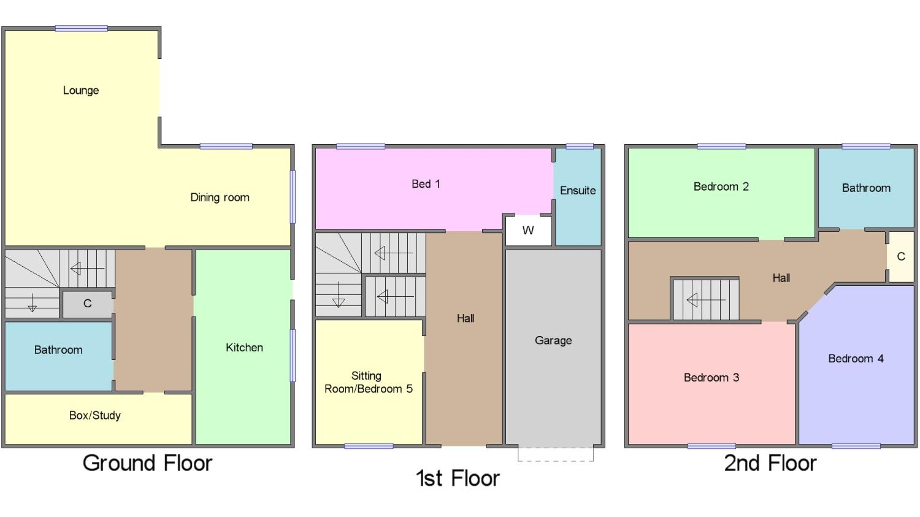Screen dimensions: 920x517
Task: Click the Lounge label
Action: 81,90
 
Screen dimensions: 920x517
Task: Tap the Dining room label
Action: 220,197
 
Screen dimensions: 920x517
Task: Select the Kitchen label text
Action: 244,347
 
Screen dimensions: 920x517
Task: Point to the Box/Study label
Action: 95,416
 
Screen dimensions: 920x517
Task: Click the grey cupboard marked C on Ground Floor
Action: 88,304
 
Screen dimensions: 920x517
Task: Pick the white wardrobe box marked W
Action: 528,231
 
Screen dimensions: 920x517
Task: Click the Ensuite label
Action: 578,191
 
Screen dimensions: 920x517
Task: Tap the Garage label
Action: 553,340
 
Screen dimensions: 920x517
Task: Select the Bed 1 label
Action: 426,184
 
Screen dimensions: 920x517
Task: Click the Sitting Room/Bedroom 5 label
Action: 369,382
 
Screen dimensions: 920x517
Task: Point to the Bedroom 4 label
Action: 856,359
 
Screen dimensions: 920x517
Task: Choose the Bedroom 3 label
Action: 711,377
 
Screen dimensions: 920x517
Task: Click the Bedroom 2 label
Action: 721,186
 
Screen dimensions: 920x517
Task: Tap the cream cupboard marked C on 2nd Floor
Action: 901,257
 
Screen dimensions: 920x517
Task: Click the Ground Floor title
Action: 147,463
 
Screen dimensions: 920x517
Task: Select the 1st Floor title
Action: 458,478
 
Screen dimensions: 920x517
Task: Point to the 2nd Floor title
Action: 770,463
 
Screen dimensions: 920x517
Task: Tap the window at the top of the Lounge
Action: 82,28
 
